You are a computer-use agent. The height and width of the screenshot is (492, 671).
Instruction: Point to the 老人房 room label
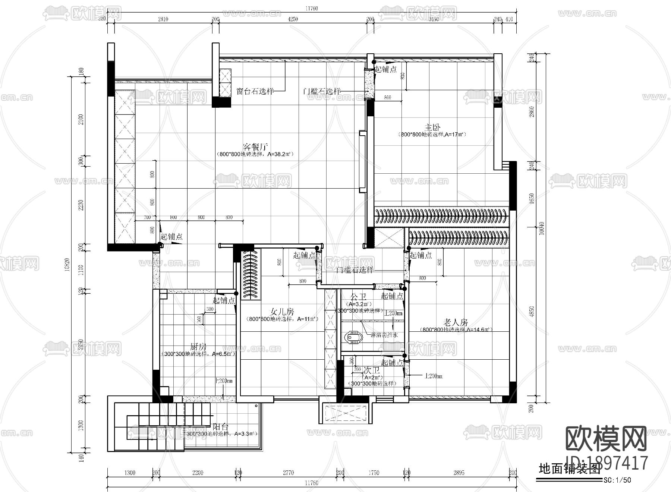click(x=456, y=322)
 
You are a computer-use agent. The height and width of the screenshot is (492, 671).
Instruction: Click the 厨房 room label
click(x=198, y=347)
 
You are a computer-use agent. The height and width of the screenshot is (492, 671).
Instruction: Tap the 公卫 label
click(x=358, y=297)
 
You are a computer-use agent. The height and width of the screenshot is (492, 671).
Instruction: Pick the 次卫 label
click(x=371, y=370)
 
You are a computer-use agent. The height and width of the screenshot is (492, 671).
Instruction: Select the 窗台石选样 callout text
click(x=255, y=91)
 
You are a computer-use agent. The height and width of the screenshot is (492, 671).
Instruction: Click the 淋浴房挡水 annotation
click(x=384, y=335)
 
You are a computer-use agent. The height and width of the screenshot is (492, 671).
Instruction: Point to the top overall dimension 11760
click(x=312, y=8)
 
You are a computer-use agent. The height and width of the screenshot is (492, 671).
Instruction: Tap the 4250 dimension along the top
click(x=293, y=19)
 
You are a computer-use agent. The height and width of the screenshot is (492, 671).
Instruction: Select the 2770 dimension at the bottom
click(x=288, y=473)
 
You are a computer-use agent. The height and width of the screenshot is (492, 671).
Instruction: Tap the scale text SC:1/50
click(x=617, y=480)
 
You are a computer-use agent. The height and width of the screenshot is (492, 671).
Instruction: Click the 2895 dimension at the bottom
click(x=459, y=473)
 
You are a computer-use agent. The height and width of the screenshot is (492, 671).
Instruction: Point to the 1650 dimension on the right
click(x=532, y=199)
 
